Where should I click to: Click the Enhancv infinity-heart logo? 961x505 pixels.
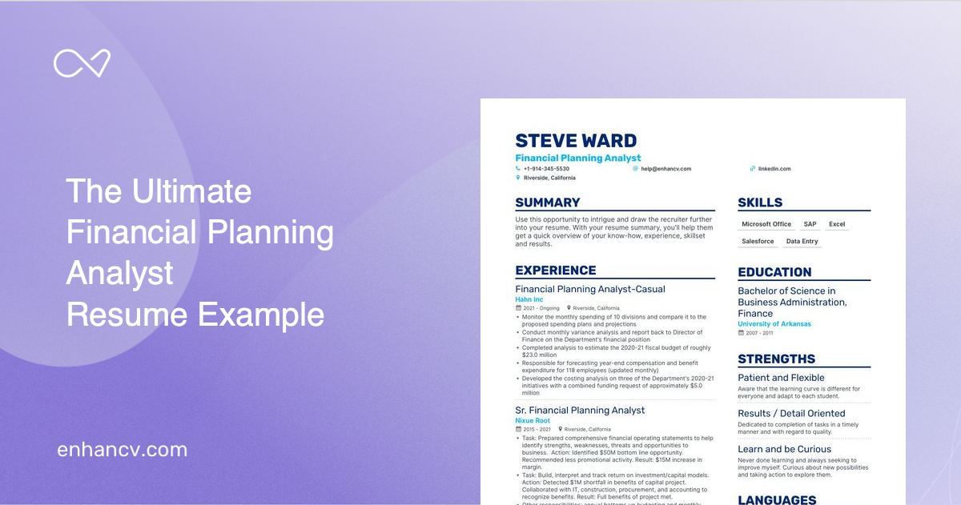[82, 63]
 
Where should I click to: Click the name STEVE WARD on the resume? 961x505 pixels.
[576, 142]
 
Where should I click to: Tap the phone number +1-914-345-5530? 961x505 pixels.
[546, 169]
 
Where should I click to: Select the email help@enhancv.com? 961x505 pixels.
[665, 169]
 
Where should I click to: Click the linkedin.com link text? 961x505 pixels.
[774, 169]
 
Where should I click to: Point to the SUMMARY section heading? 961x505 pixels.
[548, 202]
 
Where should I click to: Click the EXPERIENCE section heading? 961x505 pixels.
[556, 271]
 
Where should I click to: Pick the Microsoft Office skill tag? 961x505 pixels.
[766, 224]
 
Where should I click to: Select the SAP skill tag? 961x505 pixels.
[810, 224]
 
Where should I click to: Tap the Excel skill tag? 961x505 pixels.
[837, 224]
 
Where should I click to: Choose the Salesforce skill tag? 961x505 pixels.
[758, 241]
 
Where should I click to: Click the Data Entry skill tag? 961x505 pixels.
[802, 241]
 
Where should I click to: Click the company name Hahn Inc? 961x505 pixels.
[529, 299]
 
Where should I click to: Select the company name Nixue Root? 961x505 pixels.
[533, 420]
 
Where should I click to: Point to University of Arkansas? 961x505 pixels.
[774, 324]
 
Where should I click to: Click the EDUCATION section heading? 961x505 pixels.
[774, 272]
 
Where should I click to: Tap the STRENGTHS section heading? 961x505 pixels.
[776, 359]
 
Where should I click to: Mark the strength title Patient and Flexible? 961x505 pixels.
[781, 378]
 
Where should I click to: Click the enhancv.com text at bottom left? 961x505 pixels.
[122, 450]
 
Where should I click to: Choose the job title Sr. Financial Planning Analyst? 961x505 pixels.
[580, 411]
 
